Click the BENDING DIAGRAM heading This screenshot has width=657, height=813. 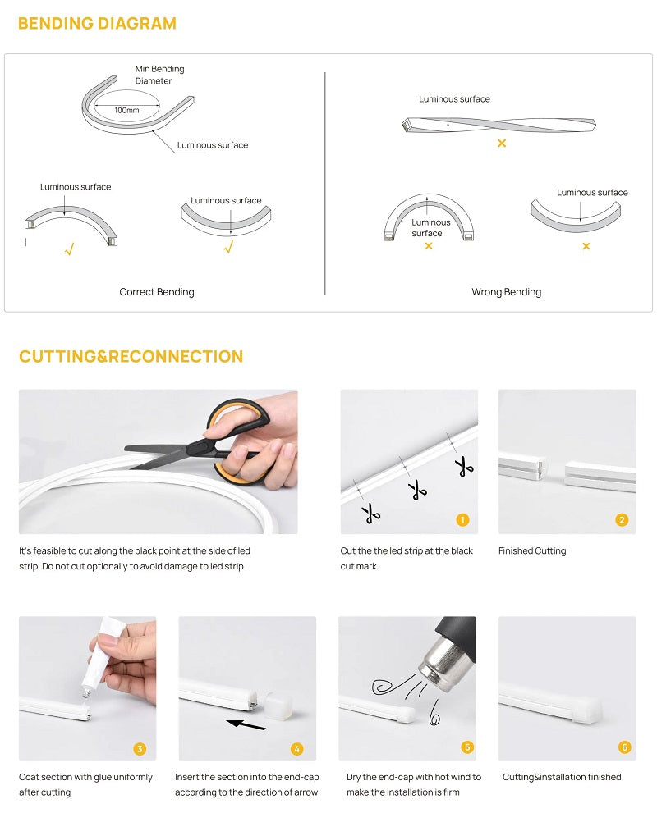97,23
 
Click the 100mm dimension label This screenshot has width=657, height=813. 126,110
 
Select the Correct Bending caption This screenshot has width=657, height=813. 157,291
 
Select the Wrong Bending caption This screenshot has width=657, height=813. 506,291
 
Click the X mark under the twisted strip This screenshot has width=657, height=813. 502,143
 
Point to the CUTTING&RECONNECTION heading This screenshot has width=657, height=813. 131,356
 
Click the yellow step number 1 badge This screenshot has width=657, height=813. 462,519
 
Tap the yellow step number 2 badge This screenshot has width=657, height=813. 622,519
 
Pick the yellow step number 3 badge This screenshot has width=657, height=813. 140,748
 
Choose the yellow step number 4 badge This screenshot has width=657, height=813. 297,748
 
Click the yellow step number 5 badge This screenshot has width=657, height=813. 467,747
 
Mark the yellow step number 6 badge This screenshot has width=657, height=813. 624,747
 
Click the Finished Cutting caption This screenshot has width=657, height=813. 532,550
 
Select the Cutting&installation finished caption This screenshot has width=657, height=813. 562,776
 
